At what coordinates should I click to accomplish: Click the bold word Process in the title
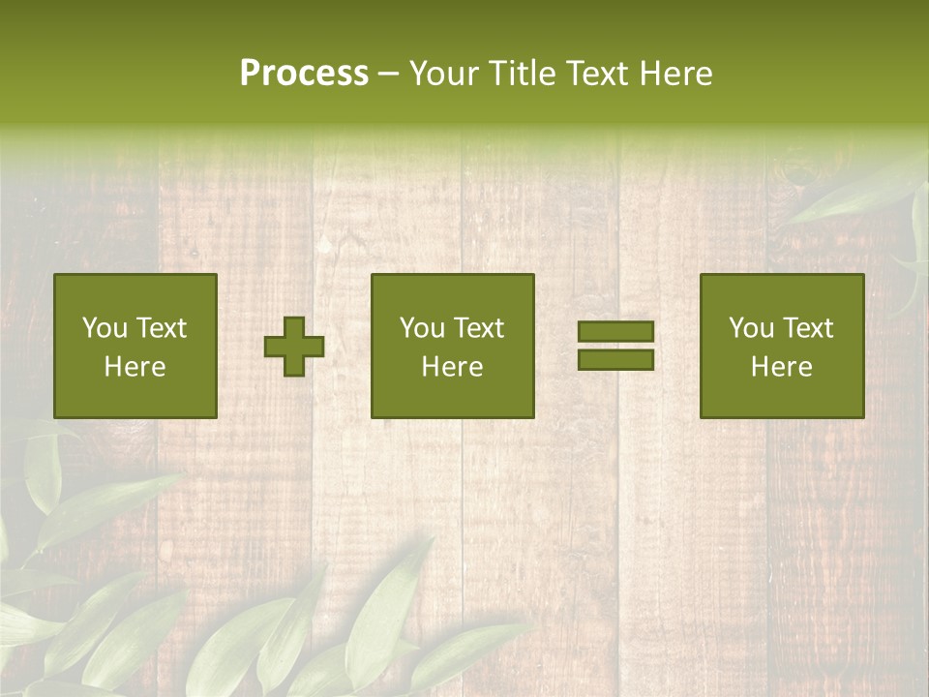click(304, 74)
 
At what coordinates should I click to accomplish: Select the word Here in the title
click(674, 74)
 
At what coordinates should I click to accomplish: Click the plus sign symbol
click(294, 347)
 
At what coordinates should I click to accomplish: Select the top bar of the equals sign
click(615, 331)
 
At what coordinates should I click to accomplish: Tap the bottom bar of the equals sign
click(615, 360)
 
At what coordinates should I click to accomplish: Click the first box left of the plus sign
click(135, 346)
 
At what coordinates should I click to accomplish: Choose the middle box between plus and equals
click(453, 346)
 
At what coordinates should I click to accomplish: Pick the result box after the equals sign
click(781, 346)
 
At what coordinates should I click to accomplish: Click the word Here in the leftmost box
click(135, 367)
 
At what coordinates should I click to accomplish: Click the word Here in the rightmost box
click(781, 367)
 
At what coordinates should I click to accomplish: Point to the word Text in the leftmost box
click(161, 328)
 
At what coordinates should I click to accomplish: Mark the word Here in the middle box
click(453, 367)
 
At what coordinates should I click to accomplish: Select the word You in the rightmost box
click(751, 328)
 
